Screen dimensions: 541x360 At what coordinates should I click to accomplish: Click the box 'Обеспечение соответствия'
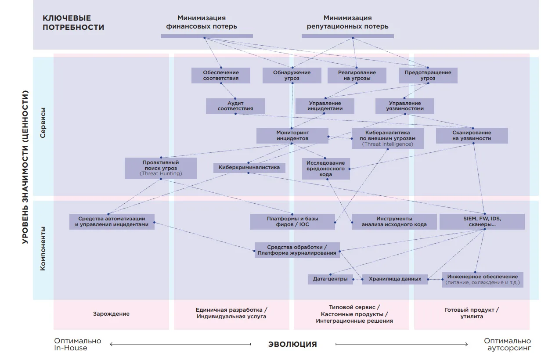[221, 76]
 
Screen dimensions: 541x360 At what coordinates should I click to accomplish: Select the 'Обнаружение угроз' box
[292, 76]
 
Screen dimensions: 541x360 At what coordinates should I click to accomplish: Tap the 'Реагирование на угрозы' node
[357, 76]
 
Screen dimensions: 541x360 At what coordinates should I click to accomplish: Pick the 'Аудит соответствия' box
[235, 106]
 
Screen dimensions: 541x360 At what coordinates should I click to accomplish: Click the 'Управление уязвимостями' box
[405, 106]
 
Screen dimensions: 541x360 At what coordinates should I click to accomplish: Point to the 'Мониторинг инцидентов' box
[292, 136]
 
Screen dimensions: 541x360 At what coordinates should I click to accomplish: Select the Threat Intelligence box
[388, 138]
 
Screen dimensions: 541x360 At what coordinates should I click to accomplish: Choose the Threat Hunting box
[161, 168]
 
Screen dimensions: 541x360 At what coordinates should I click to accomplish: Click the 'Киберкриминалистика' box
[249, 168]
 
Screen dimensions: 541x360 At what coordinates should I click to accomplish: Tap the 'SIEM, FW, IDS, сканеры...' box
[482, 221]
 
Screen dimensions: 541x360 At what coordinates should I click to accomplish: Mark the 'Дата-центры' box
[330, 279]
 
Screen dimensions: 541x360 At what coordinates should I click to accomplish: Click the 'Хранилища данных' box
[395, 279]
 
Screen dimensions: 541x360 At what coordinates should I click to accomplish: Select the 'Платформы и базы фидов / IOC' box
[292, 221]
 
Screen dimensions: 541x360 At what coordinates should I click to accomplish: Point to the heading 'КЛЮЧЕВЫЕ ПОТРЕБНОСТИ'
[73, 23]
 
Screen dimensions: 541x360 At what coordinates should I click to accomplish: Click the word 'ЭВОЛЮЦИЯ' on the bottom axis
[292, 344]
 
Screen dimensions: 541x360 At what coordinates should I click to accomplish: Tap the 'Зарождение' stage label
[111, 313]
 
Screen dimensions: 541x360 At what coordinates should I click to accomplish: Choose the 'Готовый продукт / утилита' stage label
[472, 313]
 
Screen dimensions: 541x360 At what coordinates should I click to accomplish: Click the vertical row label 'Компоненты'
[43, 248]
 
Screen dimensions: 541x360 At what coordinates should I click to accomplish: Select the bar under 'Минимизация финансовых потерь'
[207, 36]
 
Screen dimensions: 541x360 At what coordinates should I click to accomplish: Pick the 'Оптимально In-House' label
[78, 344]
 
